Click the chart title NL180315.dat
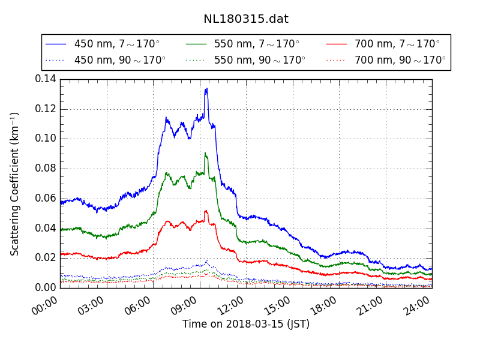pyautogui.click(x=245, y=19)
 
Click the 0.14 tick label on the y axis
pyautogui.click(x=46, y=79)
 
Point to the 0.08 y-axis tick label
pyautogui.click(x=46, y=168)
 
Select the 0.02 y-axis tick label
pyautogui.click(x=46, y=257)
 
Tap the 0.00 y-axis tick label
pyautogui.click(x=46, y=287)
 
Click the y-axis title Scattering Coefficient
pyautogui.click(x=15, y=184)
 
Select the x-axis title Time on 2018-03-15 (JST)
pyautogui.click(x=246, y=324)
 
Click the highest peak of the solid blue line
pyautogui.click(x=206, y=89)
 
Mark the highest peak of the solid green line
pyautogui.click(x=205, y=153)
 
